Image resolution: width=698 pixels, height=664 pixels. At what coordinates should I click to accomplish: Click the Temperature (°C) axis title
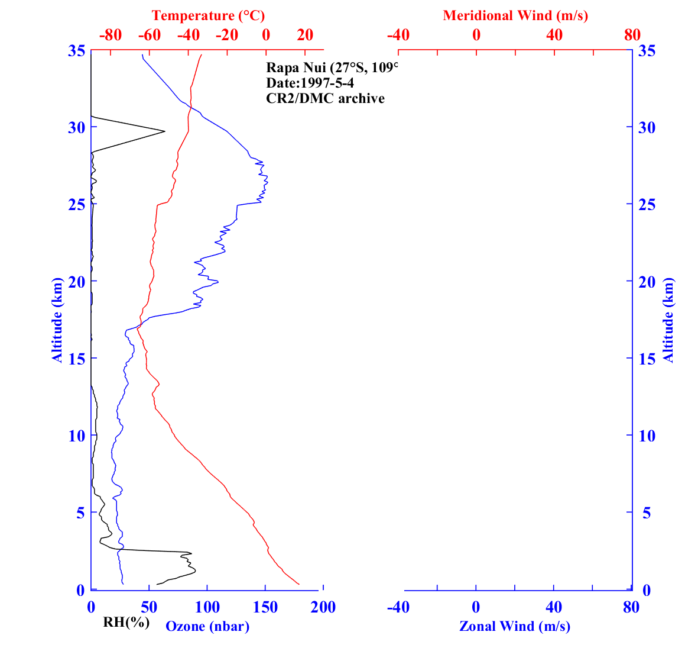[208, 15]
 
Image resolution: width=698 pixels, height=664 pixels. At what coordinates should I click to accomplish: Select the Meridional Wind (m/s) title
[515, 15]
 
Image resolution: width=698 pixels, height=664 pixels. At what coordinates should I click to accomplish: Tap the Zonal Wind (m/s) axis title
[515, 626]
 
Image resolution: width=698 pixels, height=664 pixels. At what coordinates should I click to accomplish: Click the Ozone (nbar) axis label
[207, 626]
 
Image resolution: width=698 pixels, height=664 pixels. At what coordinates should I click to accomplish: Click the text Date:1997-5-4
[310, 83]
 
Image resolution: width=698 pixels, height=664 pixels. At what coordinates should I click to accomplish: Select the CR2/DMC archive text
[325, 98]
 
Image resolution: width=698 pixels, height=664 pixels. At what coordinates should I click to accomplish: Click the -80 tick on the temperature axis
[111, 35]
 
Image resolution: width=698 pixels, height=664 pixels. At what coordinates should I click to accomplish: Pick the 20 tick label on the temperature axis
[305, 35]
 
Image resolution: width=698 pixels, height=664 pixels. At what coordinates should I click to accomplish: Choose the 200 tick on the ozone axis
[323, 607]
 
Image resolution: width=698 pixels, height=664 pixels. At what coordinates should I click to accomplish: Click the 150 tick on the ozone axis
[265, 607]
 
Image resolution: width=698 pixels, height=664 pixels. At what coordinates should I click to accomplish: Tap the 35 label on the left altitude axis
[76, 51]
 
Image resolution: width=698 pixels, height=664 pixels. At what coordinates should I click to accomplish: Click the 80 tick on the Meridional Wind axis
[632, 35]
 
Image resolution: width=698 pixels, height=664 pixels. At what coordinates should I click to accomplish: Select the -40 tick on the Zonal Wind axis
[398, 607]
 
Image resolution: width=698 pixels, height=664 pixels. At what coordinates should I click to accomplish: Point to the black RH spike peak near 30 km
[164, 131]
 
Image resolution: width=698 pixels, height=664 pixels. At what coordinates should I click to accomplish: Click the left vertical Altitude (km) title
[57, 320]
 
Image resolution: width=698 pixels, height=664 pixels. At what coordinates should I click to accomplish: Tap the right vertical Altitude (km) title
[668, 320]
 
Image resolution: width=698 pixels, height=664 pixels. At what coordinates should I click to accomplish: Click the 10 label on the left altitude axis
[76, 436]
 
